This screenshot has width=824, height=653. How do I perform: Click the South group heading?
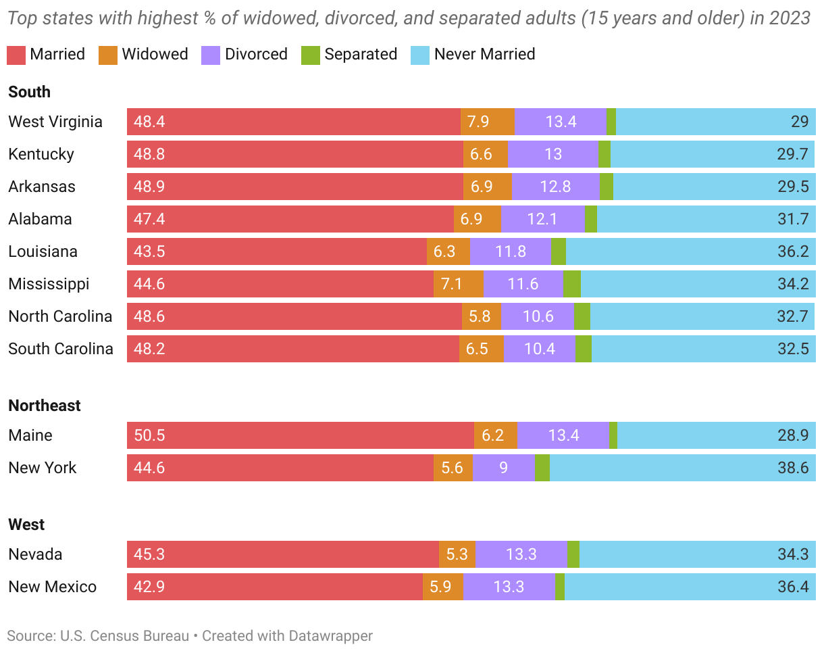pyautogui.click(x=30, y=92)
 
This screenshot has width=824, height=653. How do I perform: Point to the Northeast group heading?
pyautogui.click(x=45, y=406)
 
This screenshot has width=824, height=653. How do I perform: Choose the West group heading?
pyautogui.click(x=26, y=525)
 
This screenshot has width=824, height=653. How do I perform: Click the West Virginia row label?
pyautogui.click(x=55, y=122)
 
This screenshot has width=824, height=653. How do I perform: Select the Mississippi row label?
pyautogui.click(x=49, y=284)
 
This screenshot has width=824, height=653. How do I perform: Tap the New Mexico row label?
pyautogui.click(x=53, y=587)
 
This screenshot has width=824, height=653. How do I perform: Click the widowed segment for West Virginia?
pyautogui.click(x=488, y=122)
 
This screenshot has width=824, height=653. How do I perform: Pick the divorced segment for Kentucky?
pyautogui.click(x=553, y=154)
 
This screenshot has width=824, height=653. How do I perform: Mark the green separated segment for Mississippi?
pyautogui.click(x=572, y=284)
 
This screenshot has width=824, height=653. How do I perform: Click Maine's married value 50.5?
pyautogui.click(x=149, y=435)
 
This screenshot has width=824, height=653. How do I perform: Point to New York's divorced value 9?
pyautogui.click(x=504, y=468)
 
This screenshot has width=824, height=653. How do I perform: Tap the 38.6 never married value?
pyautogui.click(x=792, y=468)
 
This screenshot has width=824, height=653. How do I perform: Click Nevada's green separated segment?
pyautogui.click(x=573, y=554)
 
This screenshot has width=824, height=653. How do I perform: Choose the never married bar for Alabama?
pyautogui.click(x=706, y=219)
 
